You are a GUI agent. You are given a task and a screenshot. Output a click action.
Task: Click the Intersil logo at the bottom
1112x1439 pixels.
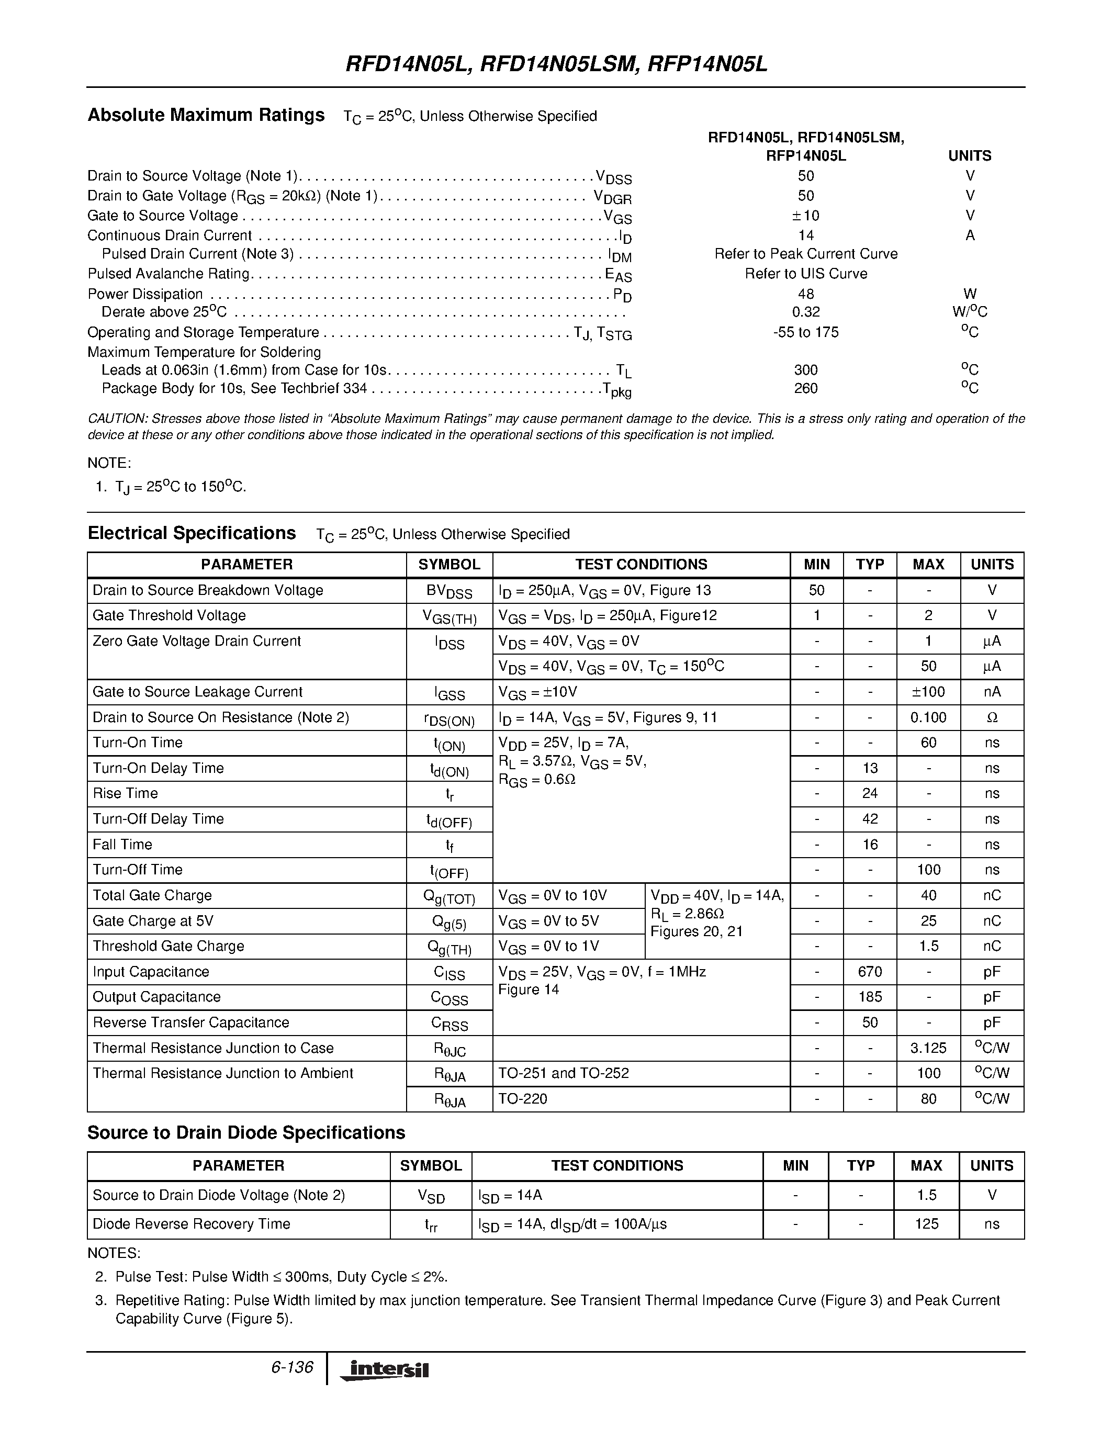[385, 1369]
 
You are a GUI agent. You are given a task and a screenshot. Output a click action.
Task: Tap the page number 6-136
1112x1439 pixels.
[292, 1367]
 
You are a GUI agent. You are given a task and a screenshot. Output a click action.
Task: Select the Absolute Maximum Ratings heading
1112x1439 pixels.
[206, 115]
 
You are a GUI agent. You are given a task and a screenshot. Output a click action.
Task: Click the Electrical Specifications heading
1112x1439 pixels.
[191, 533]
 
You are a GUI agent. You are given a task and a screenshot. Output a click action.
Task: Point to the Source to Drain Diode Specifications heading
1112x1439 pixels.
[246, 1132]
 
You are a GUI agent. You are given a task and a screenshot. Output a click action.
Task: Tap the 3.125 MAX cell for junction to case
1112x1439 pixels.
[928, 1048]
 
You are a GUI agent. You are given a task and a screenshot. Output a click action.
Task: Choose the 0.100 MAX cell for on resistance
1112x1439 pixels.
[928, 717]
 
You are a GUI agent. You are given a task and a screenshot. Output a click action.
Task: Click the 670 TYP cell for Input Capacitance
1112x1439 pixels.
[870, 972]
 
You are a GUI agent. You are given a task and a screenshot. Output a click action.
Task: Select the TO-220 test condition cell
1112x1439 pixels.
[522, 1098]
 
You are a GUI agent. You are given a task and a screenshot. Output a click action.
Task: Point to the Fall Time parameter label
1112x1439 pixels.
[122, 845]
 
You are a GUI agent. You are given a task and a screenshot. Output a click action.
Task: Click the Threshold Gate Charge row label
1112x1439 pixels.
[168, 946]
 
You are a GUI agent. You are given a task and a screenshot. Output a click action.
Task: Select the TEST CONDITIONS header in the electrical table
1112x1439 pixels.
[641, 565]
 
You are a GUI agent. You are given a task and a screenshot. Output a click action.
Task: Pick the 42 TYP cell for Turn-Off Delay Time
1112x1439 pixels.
[870, 819]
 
